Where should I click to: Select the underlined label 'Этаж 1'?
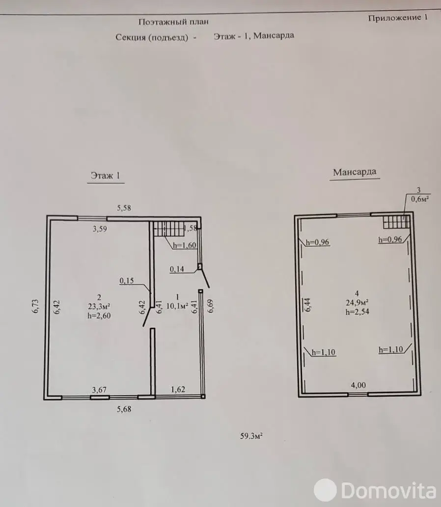point(105,176)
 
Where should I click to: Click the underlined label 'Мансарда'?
point(355,172)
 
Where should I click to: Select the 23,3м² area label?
point(100,307)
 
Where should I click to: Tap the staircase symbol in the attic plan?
point(396,223)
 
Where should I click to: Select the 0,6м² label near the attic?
point(419,199)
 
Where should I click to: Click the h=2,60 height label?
point(100,316)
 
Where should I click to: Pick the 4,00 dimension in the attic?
point(358,385)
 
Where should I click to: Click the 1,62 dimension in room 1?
point(179,389)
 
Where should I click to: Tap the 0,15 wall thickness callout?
point(127,281)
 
